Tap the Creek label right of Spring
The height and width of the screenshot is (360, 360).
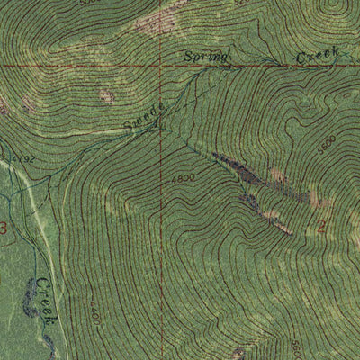tap(318, 57)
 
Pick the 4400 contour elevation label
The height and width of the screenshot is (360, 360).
tap(94, 311)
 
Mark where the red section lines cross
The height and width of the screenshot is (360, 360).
tap(163, 66)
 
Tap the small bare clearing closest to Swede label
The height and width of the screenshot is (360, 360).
tap(107, 95)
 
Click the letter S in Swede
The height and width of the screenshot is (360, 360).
tap(128, 130)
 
